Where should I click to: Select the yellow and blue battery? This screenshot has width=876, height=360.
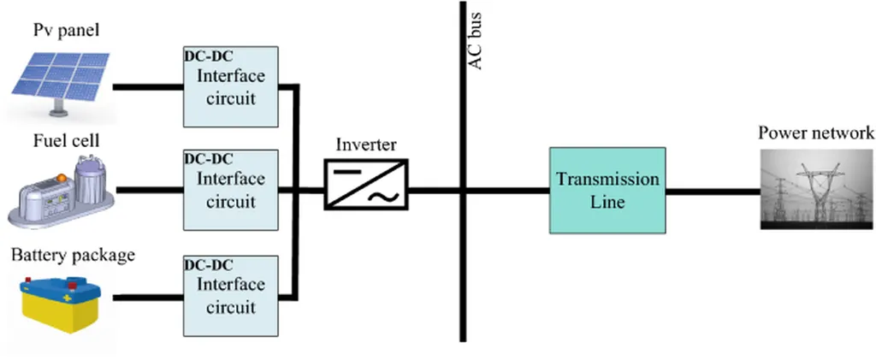[x=61, y=304]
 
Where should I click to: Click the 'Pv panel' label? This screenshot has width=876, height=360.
[x=66, y=30]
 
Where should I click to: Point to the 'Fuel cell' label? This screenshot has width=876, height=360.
[x=66, y=140]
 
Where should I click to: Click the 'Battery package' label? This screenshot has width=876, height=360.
[x=74, y=256]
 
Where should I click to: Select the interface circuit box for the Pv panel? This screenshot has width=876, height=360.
[x=231, y=86]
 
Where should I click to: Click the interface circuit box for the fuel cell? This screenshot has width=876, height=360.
[x=231, y=190]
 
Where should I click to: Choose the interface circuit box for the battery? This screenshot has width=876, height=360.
[x=231, y=296]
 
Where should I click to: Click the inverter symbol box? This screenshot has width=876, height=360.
[x=366, y=184]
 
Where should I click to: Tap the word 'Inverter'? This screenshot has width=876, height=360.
[x=366, y=145]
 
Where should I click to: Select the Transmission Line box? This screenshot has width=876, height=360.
[x=607, y=191]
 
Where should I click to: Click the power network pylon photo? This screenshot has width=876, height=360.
[x=817, y=190]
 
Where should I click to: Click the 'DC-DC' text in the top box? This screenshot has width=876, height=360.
[x=209, y=56]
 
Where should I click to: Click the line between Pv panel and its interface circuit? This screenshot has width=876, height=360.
[x=148, y=87]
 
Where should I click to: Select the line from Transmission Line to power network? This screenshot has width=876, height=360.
[x=713, y=192]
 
